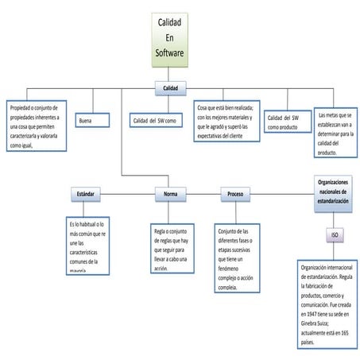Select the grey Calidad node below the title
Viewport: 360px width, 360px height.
170,87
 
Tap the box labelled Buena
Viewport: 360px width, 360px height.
94,121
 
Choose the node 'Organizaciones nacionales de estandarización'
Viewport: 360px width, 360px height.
332,192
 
